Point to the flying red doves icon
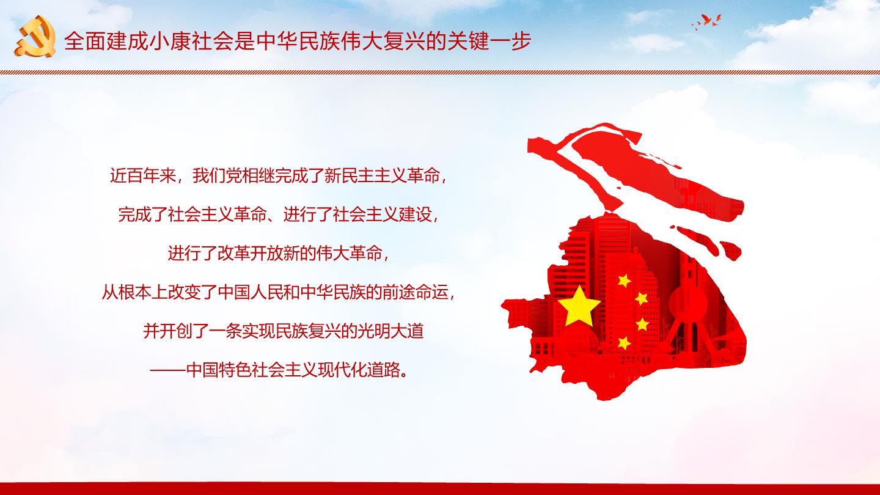click(706, 21)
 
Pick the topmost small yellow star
click(624, 280)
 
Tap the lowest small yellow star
click(624, 343)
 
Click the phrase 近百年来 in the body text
click(143, 175)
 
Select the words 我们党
click(218, 175)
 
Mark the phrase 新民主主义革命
click(382, 175)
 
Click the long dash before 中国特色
click(167, 370)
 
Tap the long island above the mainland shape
click(656, 173)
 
